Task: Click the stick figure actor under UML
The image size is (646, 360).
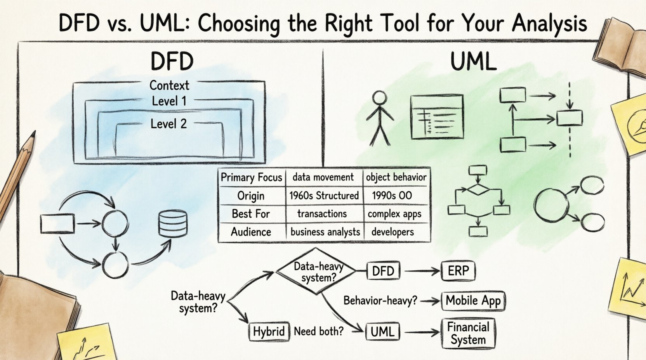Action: (380, 118)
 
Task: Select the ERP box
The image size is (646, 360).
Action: (458, 270)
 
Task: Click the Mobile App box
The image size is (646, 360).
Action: (473, 301)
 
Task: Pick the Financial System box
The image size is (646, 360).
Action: (468, 333)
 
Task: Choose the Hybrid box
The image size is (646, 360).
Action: (269, 332)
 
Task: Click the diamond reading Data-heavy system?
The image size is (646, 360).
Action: (318, 272)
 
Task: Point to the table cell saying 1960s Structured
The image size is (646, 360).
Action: (324, 196)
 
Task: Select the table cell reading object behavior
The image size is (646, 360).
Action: (396, 177)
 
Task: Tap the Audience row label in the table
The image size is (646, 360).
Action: (251, 232)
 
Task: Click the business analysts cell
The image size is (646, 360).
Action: (325, 232)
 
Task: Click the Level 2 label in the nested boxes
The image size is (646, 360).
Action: (168, 124)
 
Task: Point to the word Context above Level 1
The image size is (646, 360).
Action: (169, 85)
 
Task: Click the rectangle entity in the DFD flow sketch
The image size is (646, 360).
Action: (57, 224)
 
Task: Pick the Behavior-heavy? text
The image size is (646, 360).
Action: (380, 301)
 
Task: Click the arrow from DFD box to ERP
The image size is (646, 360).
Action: (421, 271)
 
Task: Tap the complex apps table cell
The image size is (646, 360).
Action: (394, 214)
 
